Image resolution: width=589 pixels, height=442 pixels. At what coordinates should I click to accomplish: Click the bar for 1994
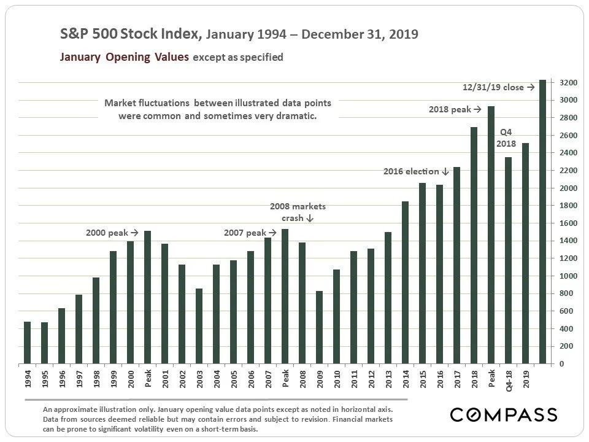coord(27,343)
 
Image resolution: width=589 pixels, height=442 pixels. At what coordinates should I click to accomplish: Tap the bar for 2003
coord(199,326)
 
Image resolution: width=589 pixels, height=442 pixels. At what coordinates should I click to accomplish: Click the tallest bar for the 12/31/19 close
coord(542,222)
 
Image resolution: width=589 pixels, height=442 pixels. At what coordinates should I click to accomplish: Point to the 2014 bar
coord(406,282)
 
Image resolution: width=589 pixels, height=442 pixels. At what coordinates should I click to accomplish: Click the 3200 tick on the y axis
coord(568,82)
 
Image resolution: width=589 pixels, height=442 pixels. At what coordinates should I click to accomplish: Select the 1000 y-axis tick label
coord(568,276)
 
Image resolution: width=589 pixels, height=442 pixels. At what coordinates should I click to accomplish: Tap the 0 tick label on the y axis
coord(561,364)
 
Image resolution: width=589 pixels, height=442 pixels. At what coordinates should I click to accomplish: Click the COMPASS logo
coord(503,414)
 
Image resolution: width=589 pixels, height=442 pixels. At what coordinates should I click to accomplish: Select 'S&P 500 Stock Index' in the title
coord(130,34)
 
